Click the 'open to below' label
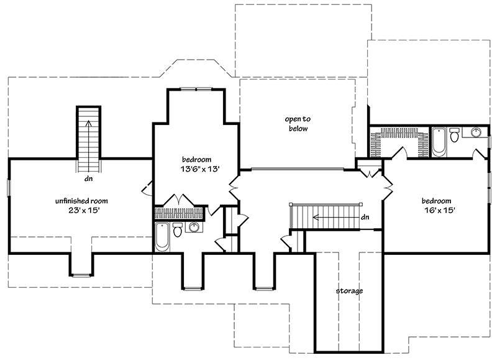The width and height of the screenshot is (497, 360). (x=298, y=124)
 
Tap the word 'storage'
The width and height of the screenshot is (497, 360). (x=349, y=290)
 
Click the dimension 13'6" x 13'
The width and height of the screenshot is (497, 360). (x=196, y=168)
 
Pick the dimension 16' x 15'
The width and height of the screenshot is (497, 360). (x=439, y=210)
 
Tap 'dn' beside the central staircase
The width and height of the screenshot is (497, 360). (x=365, y=217)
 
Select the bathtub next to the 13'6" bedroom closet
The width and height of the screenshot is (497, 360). (x=162, y=236)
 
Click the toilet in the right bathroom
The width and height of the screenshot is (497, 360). (x=454, y=134)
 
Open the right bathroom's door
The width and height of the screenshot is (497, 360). (x=478, y=154)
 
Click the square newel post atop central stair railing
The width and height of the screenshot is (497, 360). (x=291, y=204)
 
